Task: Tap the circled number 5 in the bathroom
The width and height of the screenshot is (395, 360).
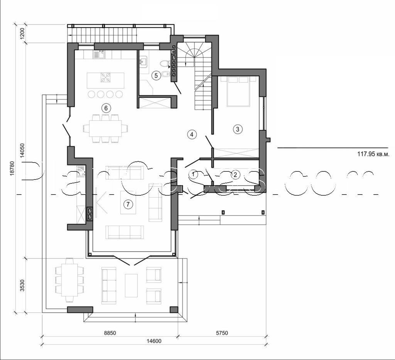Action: (156, 75)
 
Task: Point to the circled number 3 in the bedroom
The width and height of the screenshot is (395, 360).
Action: (238, 129)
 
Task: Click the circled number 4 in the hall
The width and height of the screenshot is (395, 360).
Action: (192, 134)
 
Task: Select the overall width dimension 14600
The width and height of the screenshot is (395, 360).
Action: (154, 341)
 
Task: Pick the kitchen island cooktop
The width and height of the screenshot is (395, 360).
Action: (105, 78)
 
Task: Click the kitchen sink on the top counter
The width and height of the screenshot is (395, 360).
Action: (98, 55)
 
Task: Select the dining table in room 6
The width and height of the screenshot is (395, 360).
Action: (105, 127)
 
